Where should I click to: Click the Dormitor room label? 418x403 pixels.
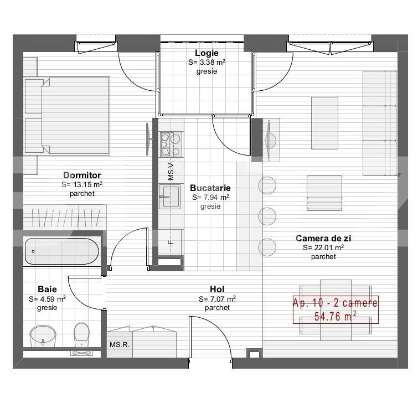(82, 175)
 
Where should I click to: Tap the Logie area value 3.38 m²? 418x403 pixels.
(206, 63)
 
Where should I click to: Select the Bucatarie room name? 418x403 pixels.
(210, 188)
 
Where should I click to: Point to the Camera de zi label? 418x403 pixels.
(323, 239)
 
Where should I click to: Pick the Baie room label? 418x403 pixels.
(47, 290)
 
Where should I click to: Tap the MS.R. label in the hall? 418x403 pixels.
(119, 345)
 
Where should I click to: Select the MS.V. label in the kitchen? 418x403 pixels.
(171, 172)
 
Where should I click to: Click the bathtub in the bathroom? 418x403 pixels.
(61, 251)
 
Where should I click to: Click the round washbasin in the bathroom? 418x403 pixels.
(43, 334)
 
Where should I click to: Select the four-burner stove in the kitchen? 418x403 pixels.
(171, 144)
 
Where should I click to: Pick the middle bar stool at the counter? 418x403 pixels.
(267, 215)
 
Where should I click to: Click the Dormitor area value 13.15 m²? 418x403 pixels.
(82, 185)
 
